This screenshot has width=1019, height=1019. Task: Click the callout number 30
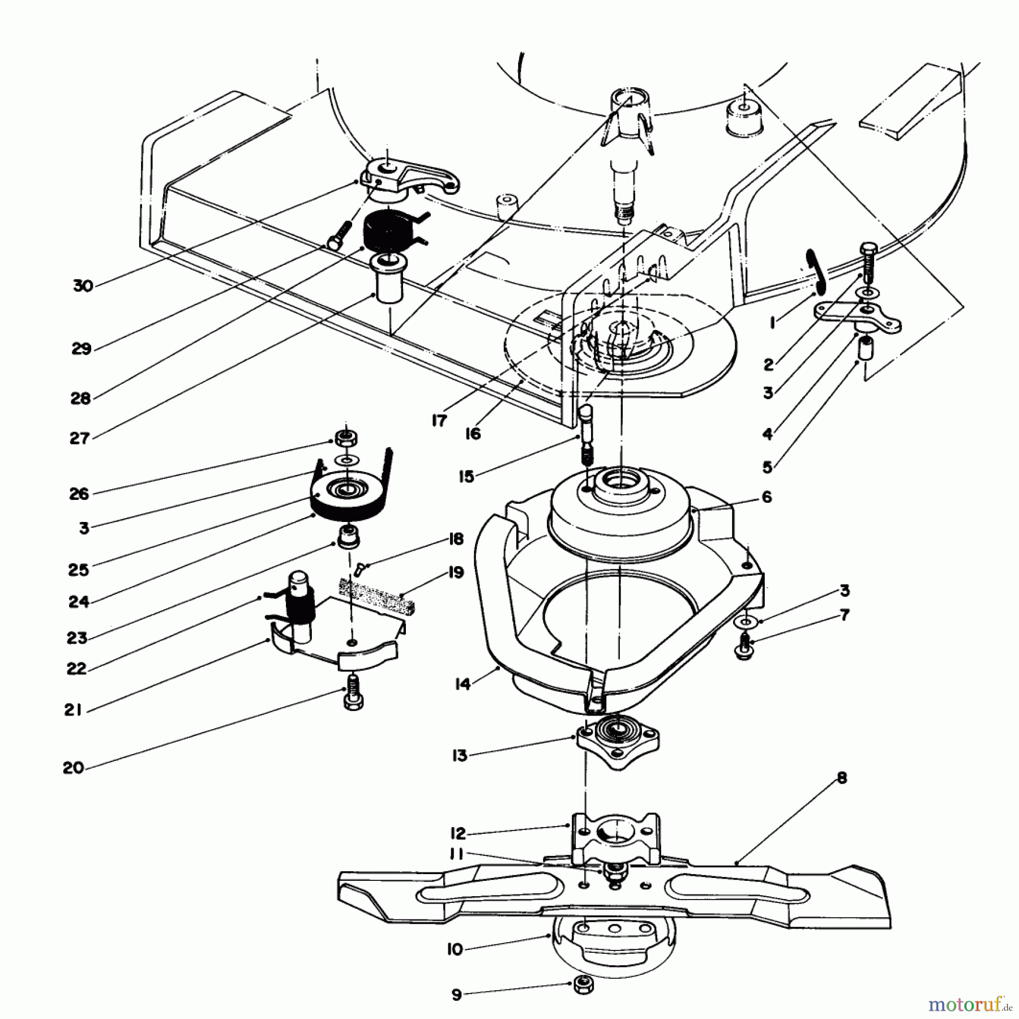pos(83,285)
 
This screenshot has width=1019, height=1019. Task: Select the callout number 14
pos(463,684)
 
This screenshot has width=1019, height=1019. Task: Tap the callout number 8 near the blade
pos(842,778)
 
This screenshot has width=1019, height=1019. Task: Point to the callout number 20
pos(74,768)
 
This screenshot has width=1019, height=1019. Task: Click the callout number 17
pos(439,421)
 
